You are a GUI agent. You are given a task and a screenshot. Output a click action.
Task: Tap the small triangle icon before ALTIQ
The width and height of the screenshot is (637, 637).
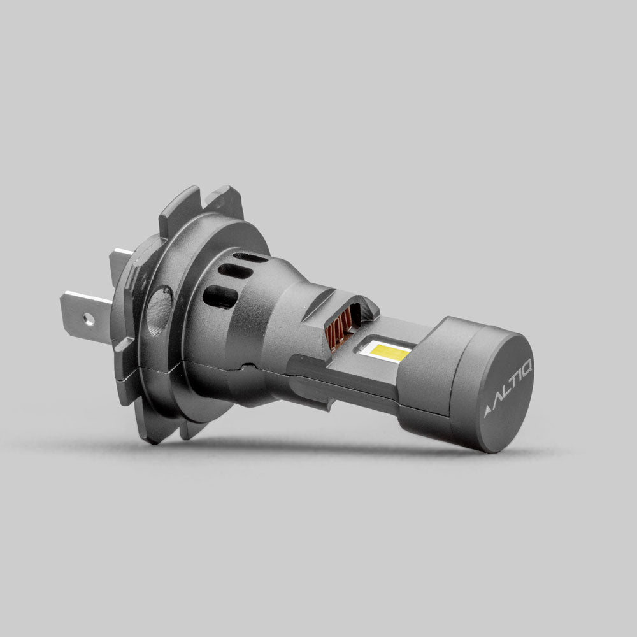tap(489, 412)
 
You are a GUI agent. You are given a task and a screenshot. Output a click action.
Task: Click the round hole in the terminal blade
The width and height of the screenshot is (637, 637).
tap(89, 317)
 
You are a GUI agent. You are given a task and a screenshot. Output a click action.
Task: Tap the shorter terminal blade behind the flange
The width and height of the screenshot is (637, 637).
tap(121, 262)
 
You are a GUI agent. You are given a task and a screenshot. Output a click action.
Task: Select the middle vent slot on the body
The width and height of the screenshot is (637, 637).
tap(235, 271)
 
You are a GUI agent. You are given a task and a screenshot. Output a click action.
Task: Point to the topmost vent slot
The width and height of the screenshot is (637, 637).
tap(250, 257)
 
